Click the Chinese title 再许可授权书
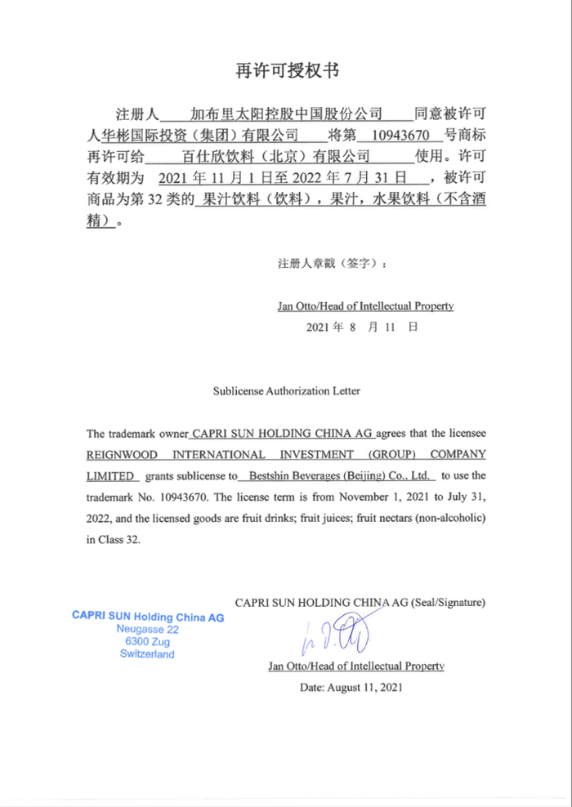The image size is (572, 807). click(x=286, y=71)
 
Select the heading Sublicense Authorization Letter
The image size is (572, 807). click(x=286, y=390)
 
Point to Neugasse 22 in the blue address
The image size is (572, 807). click(x=147, y=630)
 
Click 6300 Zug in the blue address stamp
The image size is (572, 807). click(x=147, y=642)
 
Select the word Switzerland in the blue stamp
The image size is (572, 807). click(x=147, y=654)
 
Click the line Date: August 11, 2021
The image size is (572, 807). click(x=351, y=688)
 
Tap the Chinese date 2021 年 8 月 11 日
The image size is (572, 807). click(x=361, y=327)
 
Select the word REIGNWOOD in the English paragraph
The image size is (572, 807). click(x=118, y=454)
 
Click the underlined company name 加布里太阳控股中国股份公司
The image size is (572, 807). click(x=286, y=113)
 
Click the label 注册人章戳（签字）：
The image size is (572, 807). click(x=333, y=264)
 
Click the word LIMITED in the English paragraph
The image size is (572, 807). click(x=111, y=475)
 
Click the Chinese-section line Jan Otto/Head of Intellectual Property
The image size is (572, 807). click(x=365, y=306)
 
